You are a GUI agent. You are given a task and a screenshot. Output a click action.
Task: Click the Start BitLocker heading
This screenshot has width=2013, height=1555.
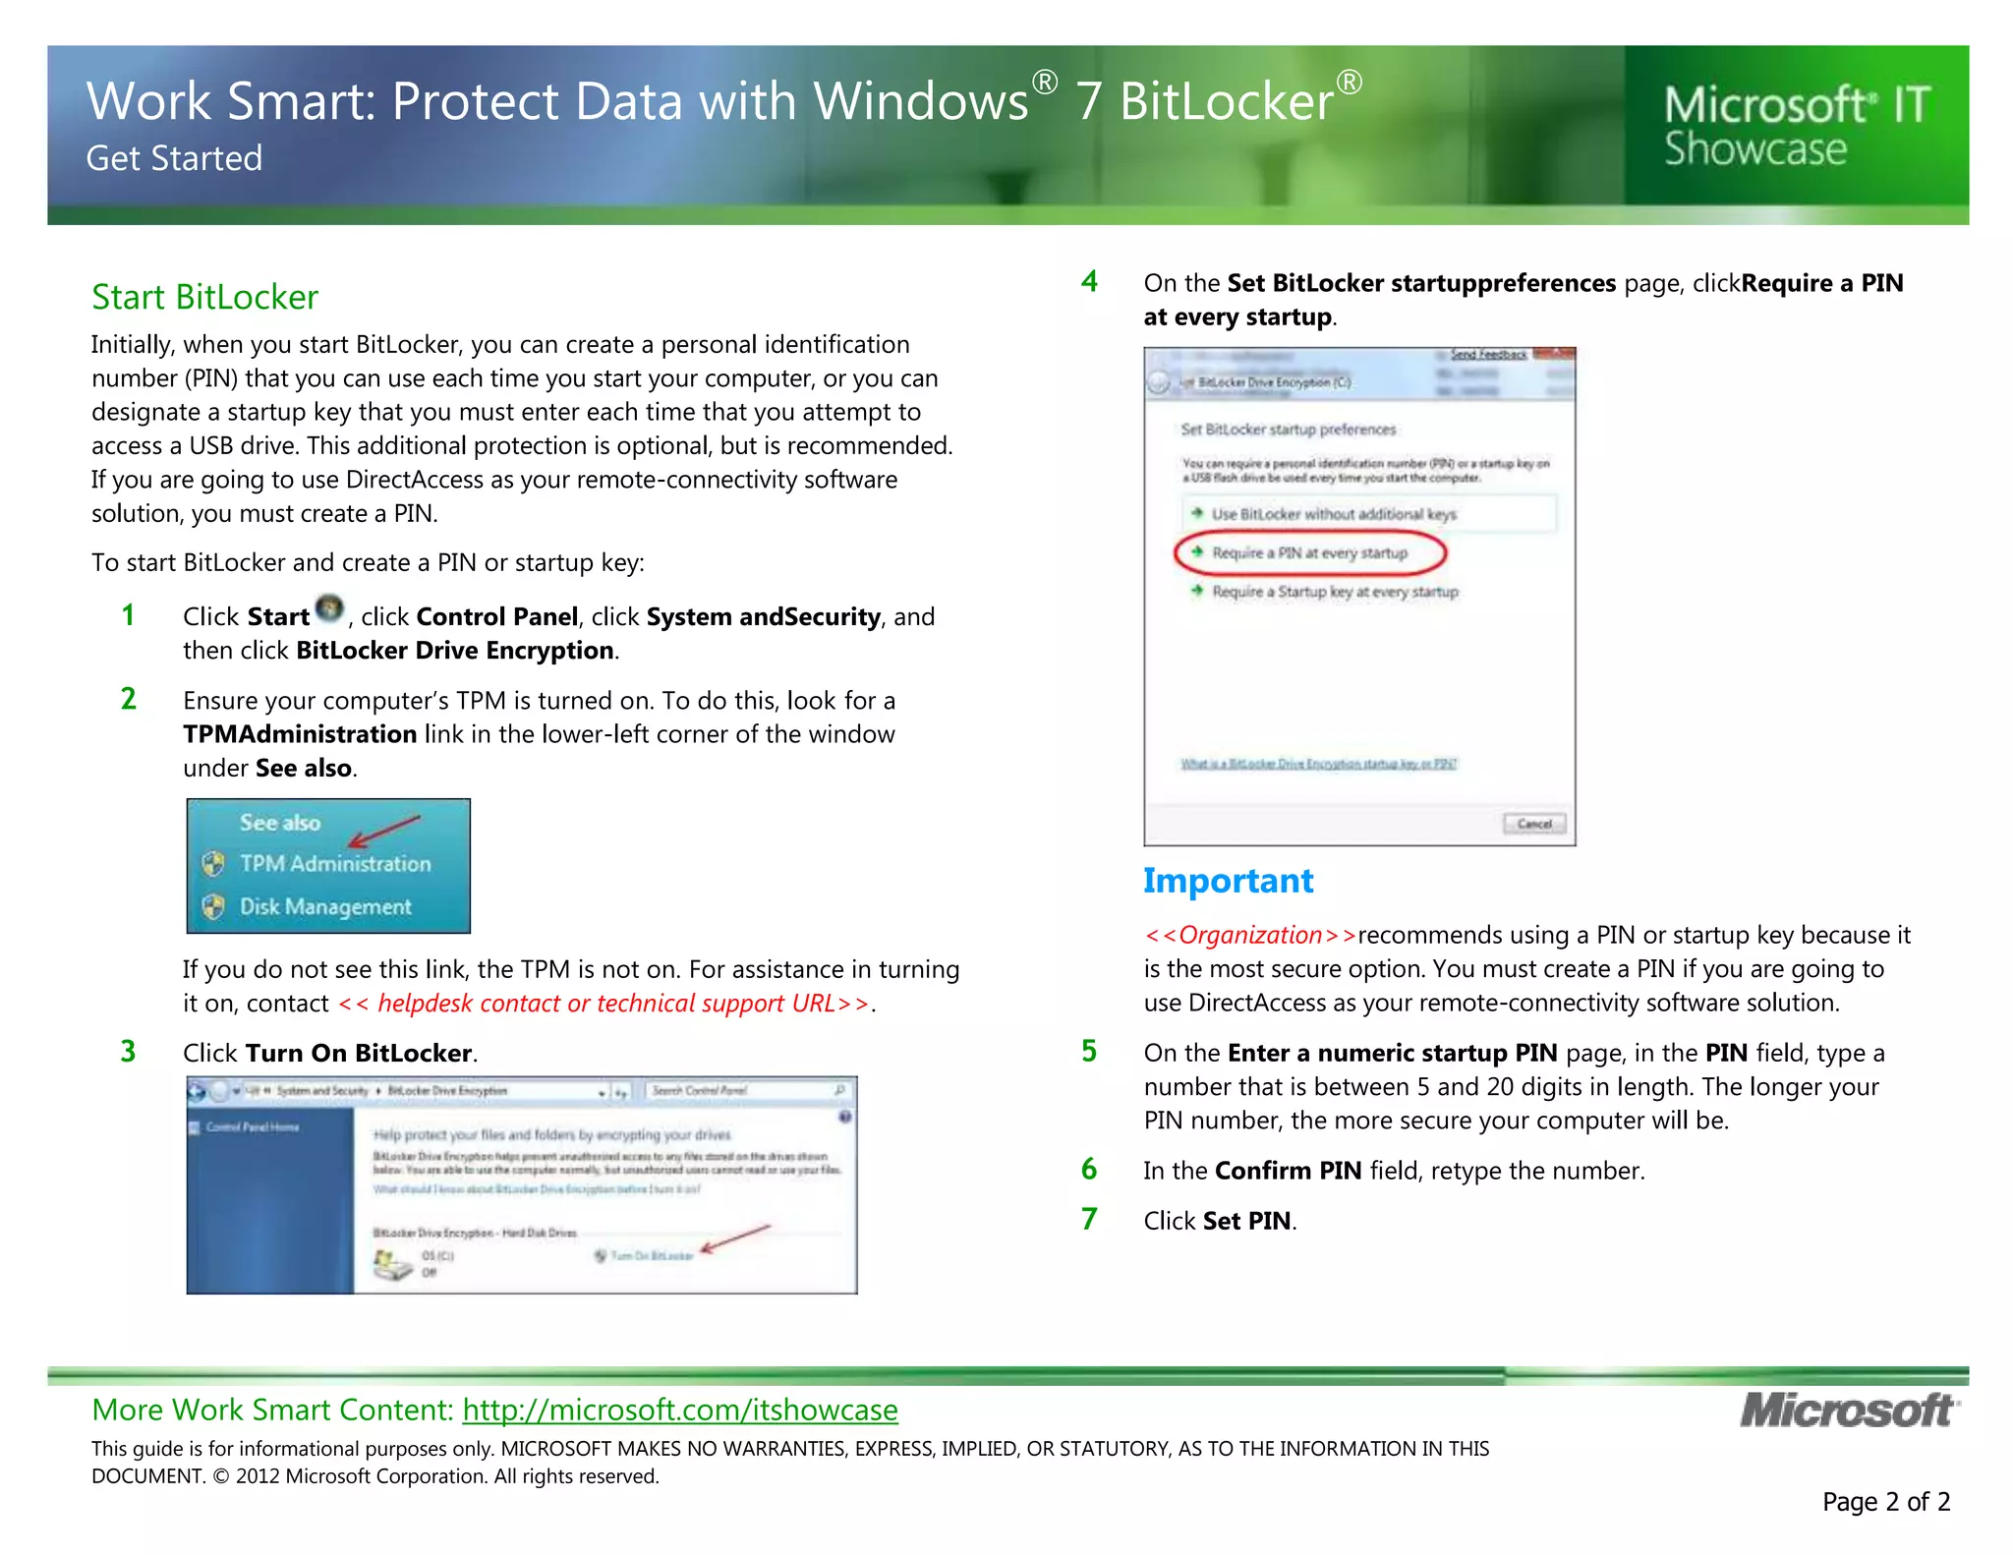(204, 297)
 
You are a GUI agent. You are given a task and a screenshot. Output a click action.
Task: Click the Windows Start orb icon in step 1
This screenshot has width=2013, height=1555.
(330, 609)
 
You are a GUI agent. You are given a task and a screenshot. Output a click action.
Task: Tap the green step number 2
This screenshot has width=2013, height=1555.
(129, 699)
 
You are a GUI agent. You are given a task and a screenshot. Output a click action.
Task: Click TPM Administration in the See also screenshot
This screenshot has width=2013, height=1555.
(334, 864)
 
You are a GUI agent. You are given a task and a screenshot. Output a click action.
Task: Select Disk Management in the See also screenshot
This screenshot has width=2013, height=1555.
(324, 907)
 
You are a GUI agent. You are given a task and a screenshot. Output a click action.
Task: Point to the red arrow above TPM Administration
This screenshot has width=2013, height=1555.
(384, 832)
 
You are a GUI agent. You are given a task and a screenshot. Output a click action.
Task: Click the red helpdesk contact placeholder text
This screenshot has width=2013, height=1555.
(604, 1004)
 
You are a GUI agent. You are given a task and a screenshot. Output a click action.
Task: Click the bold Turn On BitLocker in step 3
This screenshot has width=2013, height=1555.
(359, 1054)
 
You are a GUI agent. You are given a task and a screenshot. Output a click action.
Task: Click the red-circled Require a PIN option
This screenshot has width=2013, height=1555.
(1309, 553)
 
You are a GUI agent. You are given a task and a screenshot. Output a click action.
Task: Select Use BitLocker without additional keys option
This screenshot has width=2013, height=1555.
(1333, 514)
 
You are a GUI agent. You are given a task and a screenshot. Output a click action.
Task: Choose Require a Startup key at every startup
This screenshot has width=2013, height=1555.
(1334, 592)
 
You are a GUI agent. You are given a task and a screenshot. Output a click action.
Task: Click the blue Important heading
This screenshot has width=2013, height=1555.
(1228, 881)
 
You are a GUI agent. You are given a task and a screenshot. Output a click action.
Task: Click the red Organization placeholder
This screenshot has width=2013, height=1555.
(1249, 935)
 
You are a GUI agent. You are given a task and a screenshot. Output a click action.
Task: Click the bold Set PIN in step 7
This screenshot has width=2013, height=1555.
(1246, 1221)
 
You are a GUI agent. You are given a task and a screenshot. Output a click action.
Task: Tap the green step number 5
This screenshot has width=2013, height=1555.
(1089, 1052)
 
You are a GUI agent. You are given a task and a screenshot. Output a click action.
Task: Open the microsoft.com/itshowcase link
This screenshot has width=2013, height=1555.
(680, 1411)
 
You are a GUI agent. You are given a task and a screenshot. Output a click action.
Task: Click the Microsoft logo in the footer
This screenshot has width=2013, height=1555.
(1848, 1411)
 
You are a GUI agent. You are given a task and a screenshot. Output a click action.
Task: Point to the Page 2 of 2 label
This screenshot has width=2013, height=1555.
(1885, 1502)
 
